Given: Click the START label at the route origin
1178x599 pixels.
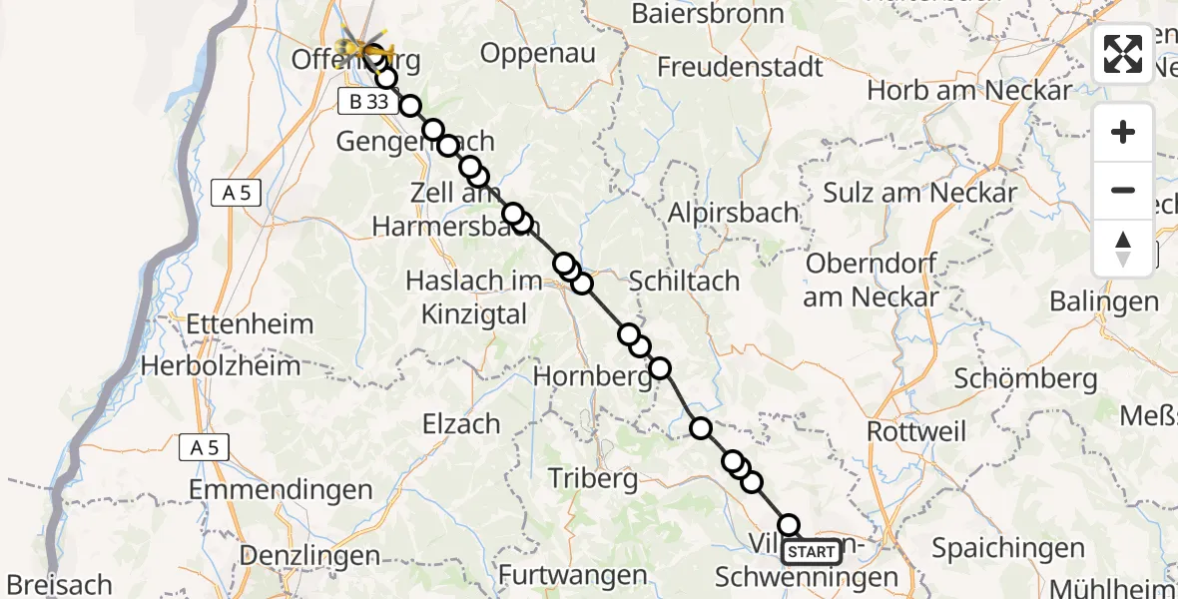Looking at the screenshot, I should coord(812,552).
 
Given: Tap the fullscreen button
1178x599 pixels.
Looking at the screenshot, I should coord(1123,54).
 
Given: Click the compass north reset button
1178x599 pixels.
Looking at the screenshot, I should coord(1123,248).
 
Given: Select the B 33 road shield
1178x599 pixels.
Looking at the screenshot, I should coord(363,101).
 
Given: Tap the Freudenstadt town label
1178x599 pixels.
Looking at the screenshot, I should coord(740,67).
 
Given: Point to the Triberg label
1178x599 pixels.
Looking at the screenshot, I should coord(593,479).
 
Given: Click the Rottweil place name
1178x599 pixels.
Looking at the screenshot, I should coord(916,431).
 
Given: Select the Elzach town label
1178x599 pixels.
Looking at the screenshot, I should coord(460,423).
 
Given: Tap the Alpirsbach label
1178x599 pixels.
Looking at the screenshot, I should coord(733,213).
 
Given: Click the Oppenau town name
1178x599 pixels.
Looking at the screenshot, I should coord(538,53).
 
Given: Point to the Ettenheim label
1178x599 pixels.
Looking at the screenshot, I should coord(250,324).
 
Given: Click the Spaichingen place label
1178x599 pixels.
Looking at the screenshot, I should coord(1007,547).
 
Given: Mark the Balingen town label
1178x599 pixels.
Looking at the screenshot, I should coord(1103,300).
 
